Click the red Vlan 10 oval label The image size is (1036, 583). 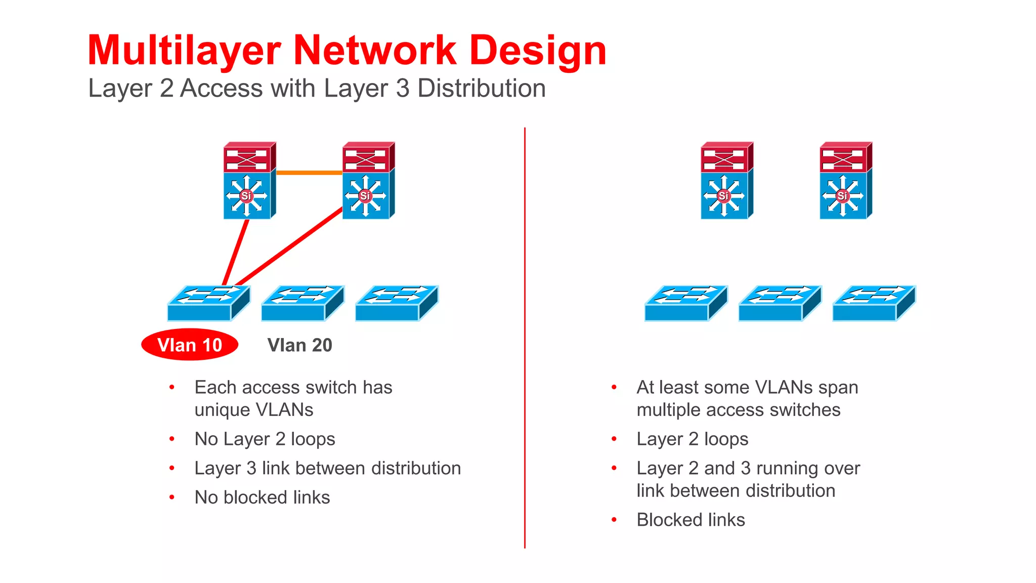point(190,345)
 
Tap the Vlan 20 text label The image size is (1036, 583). point(299,345)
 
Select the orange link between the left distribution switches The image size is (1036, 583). point(309,173)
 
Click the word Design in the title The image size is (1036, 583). point(537,51)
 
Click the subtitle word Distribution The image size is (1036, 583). point(481,89)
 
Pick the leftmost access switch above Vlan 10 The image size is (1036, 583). point(207,304)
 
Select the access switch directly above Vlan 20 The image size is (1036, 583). point(301,304)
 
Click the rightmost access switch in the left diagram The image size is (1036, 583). point(396,304)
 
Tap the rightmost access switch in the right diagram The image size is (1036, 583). point(873,304)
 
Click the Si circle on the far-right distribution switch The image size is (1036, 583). point(842,195)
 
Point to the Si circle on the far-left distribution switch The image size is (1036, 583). point(246,195)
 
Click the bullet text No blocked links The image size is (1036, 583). point(262,497)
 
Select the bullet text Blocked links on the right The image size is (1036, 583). point(690,520)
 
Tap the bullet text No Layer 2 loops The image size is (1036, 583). point(265,439)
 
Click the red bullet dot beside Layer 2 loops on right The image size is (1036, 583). point(614,439)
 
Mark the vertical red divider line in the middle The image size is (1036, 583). point(525,339)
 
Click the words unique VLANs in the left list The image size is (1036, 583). point(254,410)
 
